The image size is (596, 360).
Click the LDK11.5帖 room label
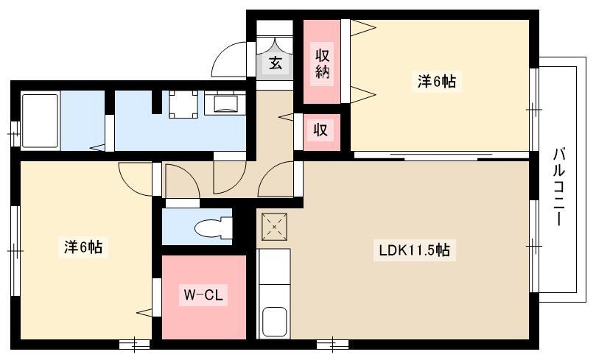coord(414,250)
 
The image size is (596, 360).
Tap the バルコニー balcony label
coord(558,186)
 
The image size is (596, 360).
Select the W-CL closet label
coord(203,294)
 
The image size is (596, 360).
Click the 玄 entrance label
coord(276,63)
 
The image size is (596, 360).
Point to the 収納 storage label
coord(322,63)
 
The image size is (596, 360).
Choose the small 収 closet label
coord(320,130)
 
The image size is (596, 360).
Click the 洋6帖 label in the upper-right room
coord(437,81)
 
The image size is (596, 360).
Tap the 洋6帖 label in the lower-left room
coord(83,247)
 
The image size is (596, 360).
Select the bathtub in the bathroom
coord(41,121)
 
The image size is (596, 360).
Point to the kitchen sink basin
coord(274,320)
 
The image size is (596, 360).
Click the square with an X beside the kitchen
coord(274,227)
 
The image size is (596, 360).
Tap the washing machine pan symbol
coord(183,104)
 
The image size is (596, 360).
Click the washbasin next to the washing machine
coord(225,102)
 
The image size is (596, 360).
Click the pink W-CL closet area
coord(204,297)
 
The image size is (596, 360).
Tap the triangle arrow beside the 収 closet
coord(286,116)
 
